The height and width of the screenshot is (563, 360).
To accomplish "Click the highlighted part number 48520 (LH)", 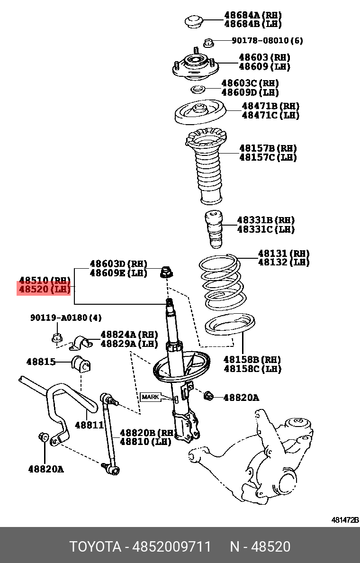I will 44,289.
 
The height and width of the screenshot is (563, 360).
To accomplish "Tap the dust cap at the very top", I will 193,21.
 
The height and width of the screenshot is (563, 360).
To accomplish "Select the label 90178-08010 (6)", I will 267,41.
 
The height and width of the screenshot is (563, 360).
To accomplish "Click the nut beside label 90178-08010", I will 208,43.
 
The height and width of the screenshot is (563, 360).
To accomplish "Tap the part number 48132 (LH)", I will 283,262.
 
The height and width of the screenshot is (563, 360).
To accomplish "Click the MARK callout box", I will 151,397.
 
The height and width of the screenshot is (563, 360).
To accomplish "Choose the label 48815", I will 41,362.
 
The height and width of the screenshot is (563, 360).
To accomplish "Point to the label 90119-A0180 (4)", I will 66,318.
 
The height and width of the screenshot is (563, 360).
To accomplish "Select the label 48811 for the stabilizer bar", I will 89,425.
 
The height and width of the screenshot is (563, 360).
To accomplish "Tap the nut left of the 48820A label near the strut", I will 208,396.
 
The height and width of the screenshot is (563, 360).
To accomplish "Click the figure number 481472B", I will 344,520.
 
